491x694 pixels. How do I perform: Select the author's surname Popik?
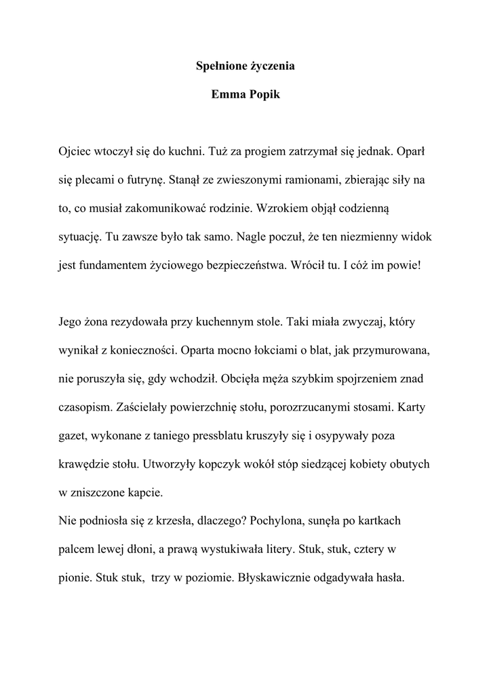coord(264,94)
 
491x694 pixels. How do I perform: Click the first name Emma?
coord(227,94)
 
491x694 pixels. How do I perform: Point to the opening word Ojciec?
coord(75,150)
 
